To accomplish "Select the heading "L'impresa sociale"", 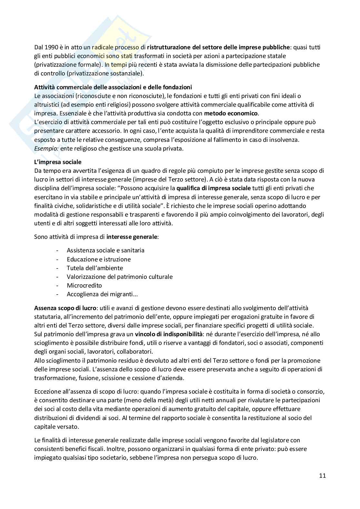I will [58, 162].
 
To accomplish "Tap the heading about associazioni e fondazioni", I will [113, 87].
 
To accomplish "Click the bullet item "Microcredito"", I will [84, 285].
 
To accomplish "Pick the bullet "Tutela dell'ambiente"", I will [95, 268].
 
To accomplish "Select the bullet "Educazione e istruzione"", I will [99, 259].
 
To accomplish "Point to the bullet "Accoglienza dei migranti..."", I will [102, 294].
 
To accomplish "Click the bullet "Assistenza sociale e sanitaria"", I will [105, 250].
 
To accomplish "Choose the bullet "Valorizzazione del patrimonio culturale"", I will [119, 277].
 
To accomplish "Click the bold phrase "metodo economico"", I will [231, 113].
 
